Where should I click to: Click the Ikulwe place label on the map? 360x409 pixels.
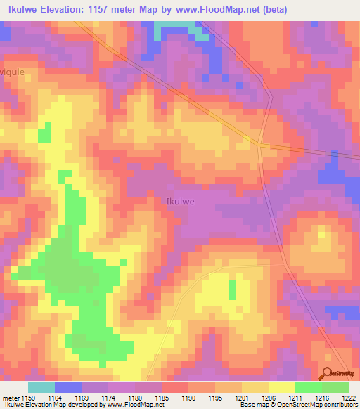pos(179,201)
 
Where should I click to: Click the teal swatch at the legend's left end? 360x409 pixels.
pos(41,387)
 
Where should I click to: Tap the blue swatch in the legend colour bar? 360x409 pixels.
pos(67,387)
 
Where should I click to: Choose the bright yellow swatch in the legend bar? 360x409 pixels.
pos(281,387)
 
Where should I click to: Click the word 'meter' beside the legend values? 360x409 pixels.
pos(11,397)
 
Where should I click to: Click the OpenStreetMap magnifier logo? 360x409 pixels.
pos(328,373)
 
